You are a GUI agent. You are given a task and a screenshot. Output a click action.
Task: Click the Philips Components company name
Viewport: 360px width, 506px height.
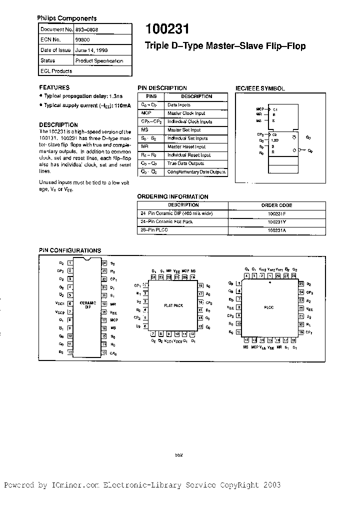[x=61, y=17]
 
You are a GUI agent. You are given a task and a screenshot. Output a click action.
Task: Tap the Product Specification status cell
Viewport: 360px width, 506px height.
[x=99, y=60]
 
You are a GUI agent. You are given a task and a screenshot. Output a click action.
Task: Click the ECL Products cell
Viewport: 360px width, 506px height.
[x=56, y=71]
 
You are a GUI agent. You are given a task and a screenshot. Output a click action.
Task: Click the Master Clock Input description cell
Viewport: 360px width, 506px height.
[x=186, y=113]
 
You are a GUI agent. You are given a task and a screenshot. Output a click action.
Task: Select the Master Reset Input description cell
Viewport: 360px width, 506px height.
[x=186, y=147]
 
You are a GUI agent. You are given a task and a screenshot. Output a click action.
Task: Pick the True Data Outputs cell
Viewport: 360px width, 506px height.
[x=185, y=163]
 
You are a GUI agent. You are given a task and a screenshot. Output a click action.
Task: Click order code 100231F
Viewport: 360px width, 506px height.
[x=276, y=213]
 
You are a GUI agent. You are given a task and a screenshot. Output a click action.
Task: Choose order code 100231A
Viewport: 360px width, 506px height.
[x=276, y=230]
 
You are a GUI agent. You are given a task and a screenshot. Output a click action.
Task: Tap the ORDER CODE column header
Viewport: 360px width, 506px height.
[x=276, y=205]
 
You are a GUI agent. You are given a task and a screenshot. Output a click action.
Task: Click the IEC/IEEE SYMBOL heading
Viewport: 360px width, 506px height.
[x=260, y=88]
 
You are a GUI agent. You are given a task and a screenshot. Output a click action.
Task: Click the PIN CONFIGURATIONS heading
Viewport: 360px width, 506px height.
[x=70, y=250]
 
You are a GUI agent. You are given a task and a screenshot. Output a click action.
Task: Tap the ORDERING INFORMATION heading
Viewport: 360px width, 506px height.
[x=172, y=196]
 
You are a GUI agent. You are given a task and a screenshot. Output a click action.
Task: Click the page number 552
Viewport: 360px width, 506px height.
[x=179, y=454]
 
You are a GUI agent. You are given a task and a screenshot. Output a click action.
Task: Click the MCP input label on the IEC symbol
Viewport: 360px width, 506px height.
[x=259, y=108]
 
